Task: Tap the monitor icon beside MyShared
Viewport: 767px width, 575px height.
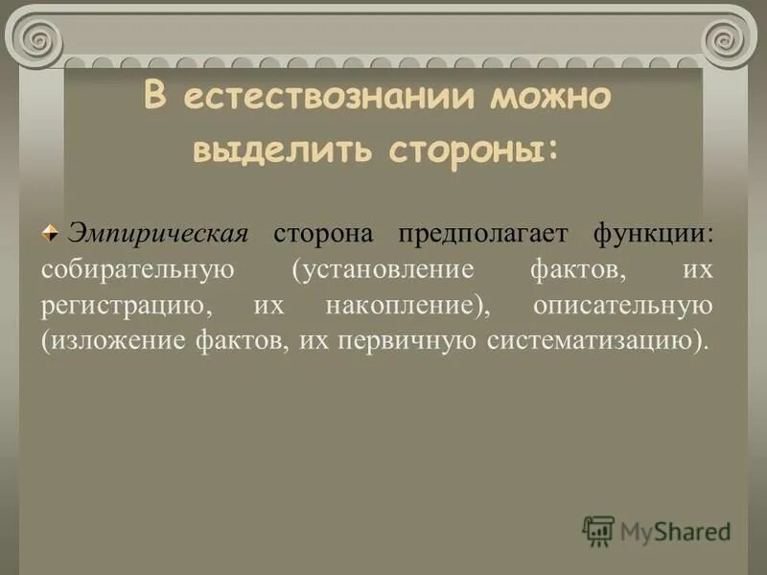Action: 598,531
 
